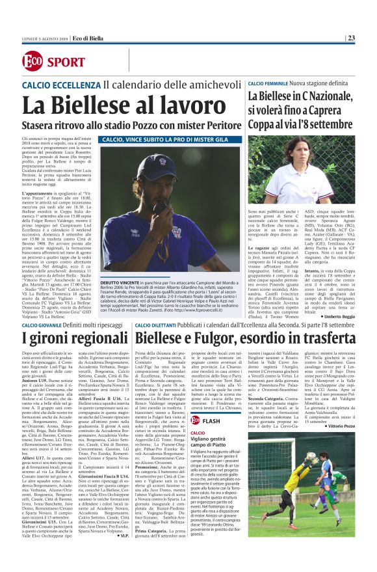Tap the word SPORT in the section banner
click(66, 62)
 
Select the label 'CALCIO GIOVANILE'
click(48, 325)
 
